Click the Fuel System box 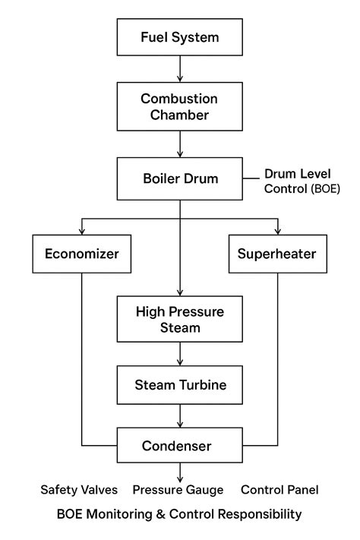pyautogui.click(x=180, y=36)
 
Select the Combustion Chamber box pyautogui.click(x=180, y=106)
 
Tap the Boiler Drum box pyautogui.click(x=180, y=180)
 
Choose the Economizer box pyautogui.click(x=82, y=254)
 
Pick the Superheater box pyautogui.click(x=278, y=254)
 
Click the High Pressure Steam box pyautogui.click(x=180, y=319)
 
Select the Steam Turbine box pyautogui.click(x=180, y=385)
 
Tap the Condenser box pyautogui.click(x=180, y=446)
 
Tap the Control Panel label pyautogui.click(x=279, y=490)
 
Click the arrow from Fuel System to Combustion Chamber pyautogui.click(x=180, y=69)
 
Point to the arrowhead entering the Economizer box pyautogui.click(x=82, y=230)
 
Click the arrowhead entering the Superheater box pyautogui.click(x=278, y=230)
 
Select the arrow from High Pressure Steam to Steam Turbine pyautogui.click(x=180, y=354)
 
